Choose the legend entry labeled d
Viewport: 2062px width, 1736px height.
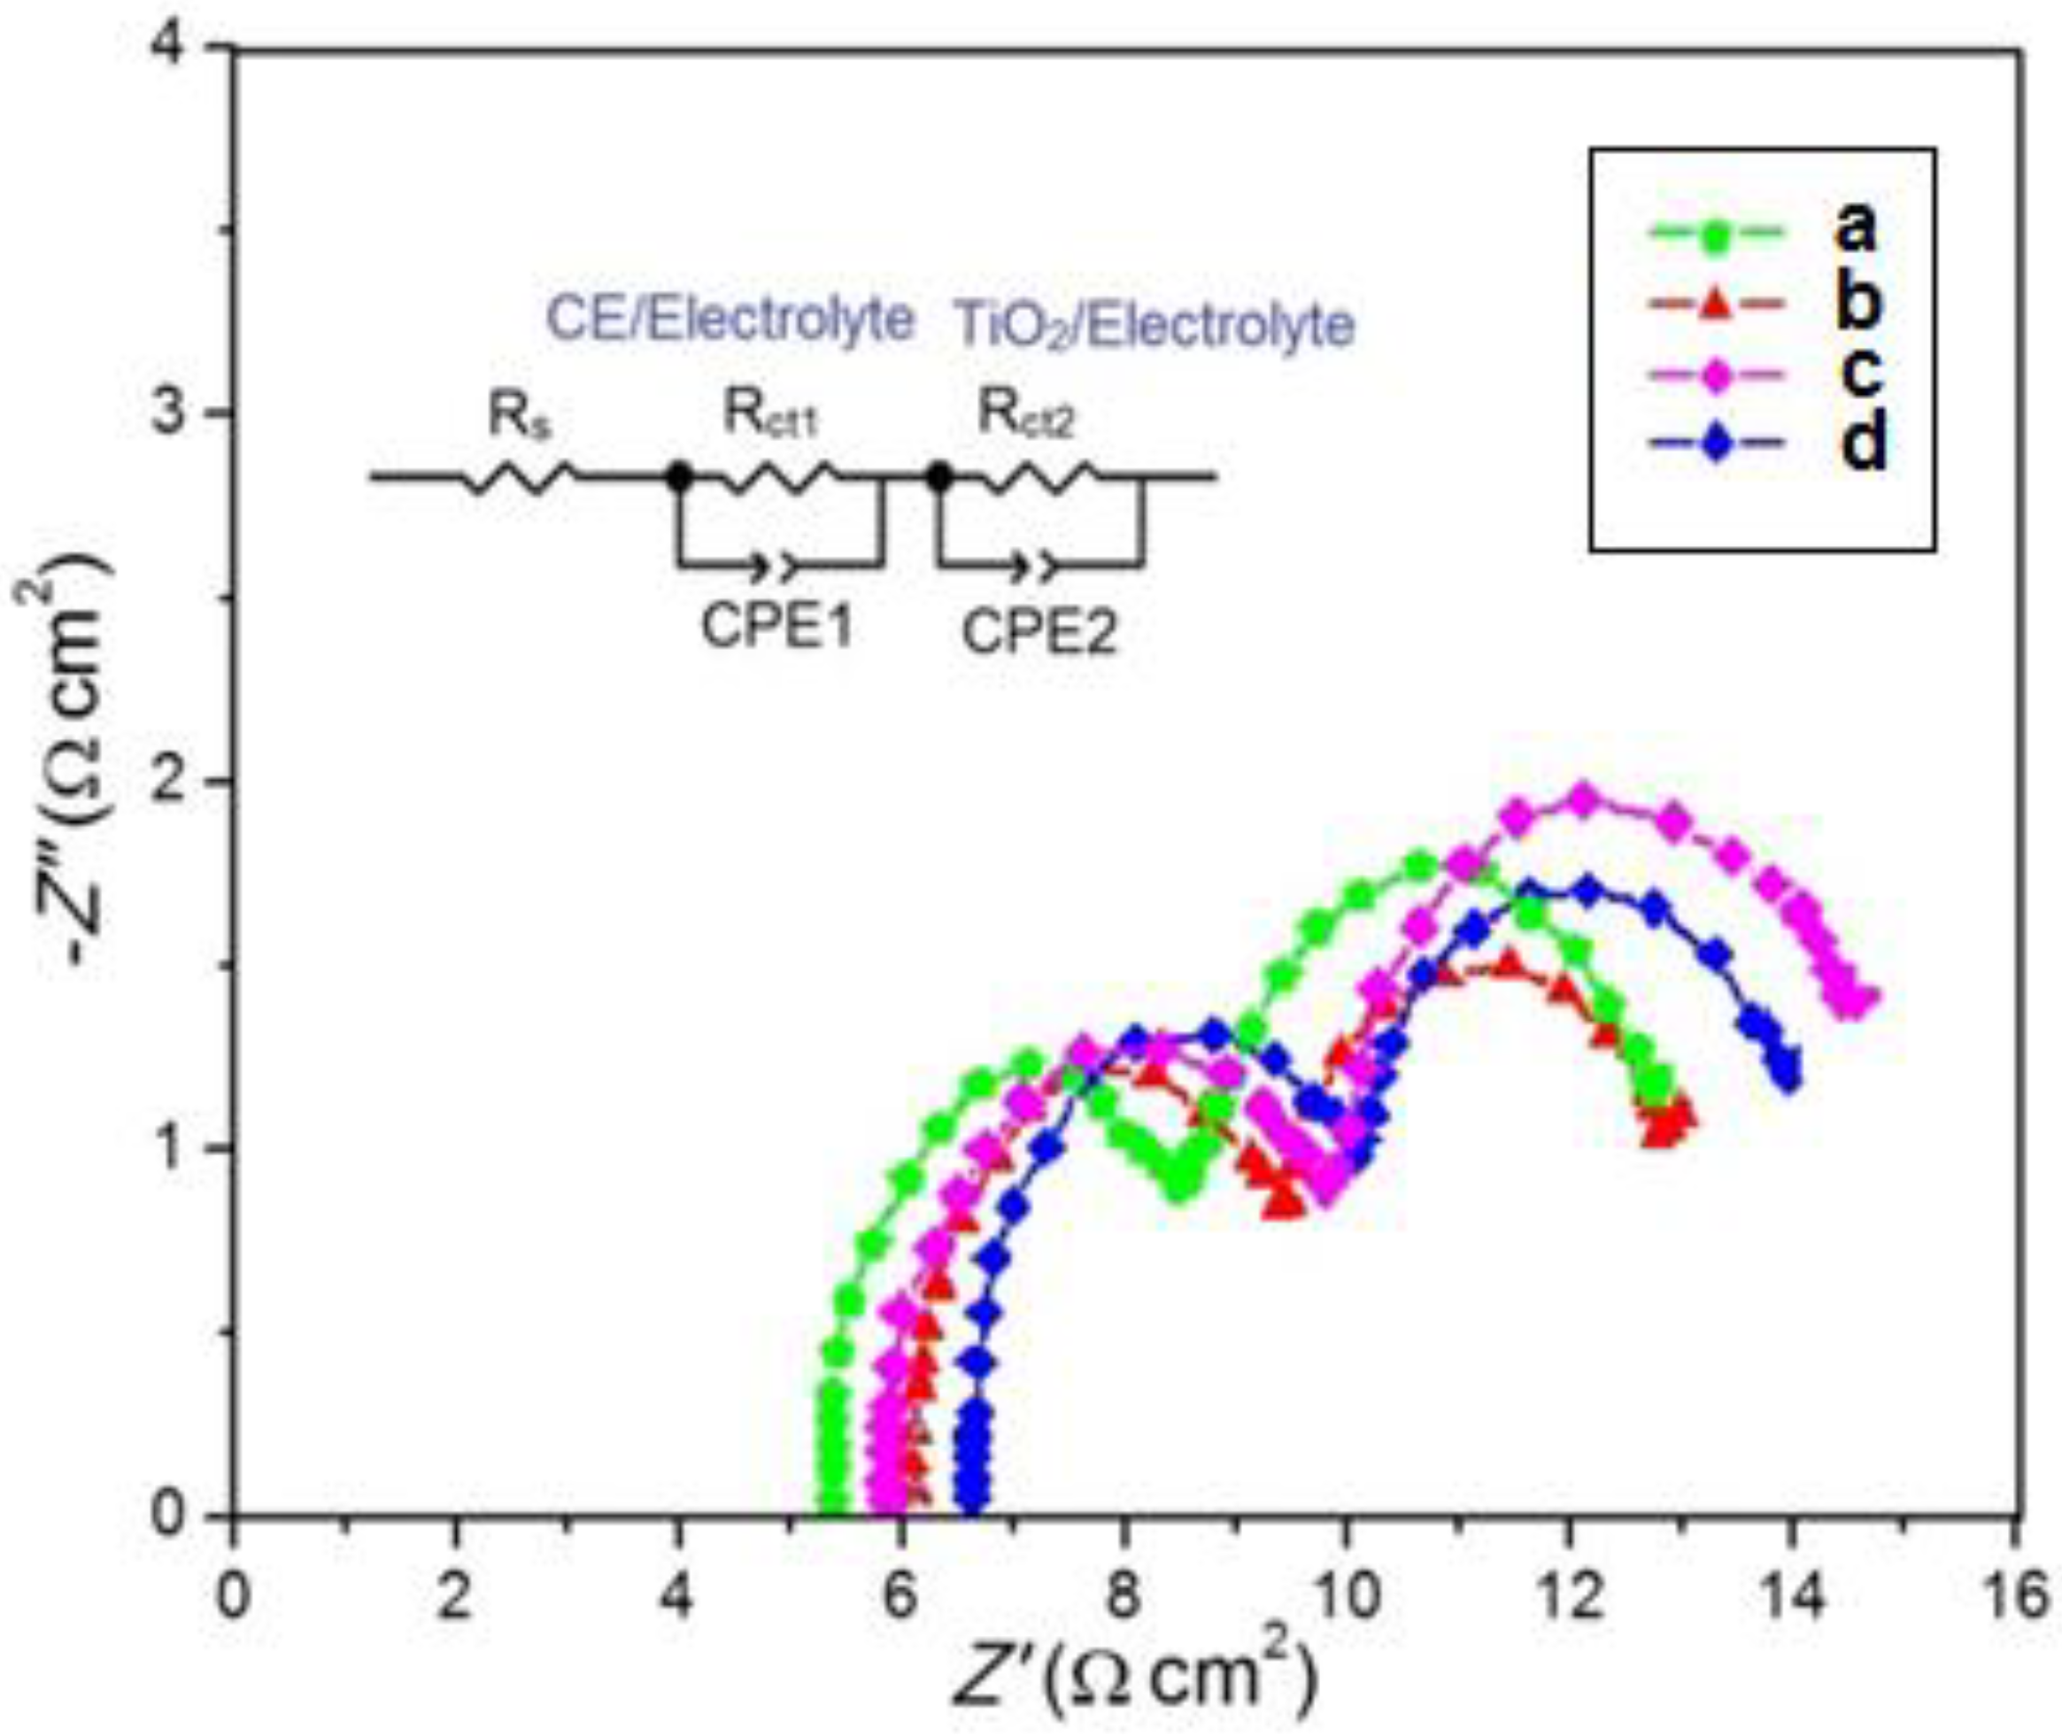1762,446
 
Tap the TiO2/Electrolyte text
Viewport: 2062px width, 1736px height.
1155,326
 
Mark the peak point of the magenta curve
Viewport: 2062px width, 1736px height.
1584,799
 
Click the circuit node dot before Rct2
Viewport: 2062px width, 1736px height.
941,477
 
